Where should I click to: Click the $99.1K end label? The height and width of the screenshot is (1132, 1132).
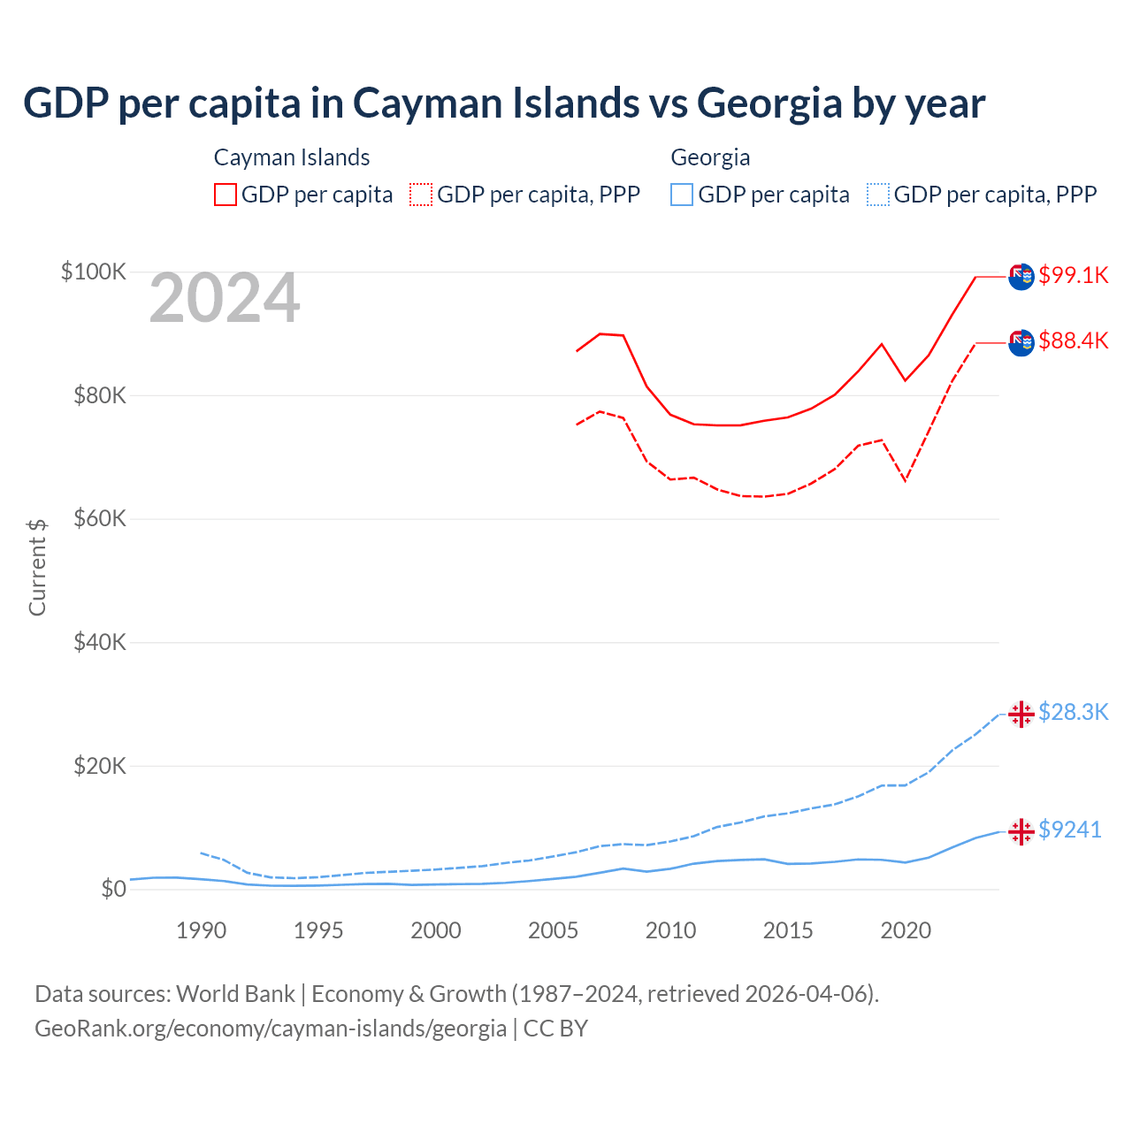pos(1073,275)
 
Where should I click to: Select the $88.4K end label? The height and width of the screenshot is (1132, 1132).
pos(1073,340)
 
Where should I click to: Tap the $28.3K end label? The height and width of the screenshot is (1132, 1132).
pos(1073,712)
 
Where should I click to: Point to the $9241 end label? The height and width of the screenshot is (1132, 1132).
pos(1069,830)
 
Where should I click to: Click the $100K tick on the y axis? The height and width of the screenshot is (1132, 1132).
pos(94,272)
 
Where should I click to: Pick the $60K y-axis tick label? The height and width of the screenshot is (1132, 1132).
pos(99,518)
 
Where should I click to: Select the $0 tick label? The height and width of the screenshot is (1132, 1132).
pos(113,889)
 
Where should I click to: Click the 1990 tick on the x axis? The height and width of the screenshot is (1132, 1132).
pos(201,930)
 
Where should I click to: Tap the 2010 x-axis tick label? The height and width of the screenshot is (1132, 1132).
pos(670,930)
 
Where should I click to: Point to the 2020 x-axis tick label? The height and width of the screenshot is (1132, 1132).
pos(906,930)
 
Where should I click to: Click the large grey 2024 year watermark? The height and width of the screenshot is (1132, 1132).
pos(225,299)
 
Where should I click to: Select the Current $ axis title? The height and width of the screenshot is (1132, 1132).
pos(37,568)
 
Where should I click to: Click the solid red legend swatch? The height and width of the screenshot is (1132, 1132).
pos(226,195)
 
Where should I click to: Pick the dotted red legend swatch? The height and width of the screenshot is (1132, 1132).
pos(421,195)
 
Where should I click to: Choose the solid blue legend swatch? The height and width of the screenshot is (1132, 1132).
pos(682,195)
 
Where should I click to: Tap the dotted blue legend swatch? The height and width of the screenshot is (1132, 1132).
pos(878,195)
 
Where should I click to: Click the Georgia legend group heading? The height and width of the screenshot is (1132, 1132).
pos(710,157)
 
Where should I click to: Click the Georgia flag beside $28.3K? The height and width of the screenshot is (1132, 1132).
pos(1021,714)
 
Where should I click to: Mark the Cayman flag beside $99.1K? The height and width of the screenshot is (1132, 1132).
pos(1021,277)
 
